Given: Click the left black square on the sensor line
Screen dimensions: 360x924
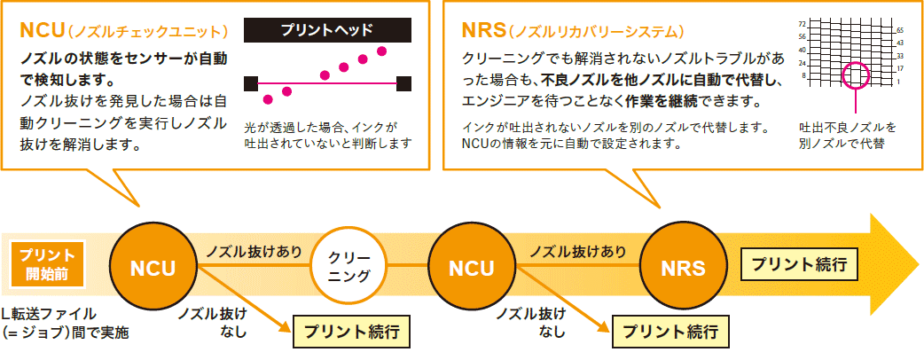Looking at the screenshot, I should click(x=251, y=82).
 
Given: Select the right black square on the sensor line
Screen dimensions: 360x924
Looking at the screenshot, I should click(x=403, y=82).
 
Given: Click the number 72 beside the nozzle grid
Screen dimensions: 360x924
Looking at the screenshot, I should click(x=803, y=23).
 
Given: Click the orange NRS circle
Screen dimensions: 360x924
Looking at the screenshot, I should click(x=683, y=267).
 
